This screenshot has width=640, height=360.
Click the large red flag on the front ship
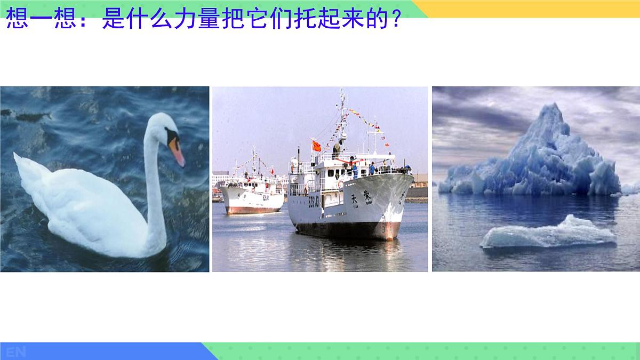(316, 145)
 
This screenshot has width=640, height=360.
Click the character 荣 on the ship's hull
(367, 196)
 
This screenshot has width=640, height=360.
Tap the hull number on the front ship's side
(314, 202)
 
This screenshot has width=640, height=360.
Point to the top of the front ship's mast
(342, 92)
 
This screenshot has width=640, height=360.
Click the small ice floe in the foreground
(549, 234)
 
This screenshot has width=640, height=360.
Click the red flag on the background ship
(273, 171)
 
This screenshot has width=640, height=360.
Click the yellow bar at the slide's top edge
(533, 9)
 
